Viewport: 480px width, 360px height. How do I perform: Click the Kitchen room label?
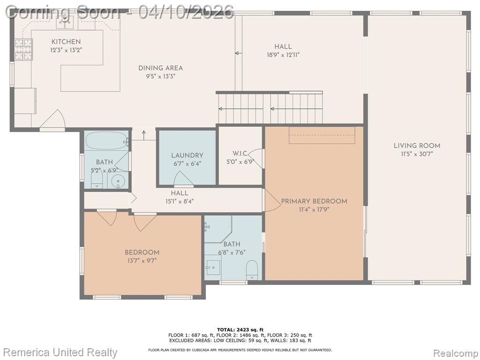pos(66,42)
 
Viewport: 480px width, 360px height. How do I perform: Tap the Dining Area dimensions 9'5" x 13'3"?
pos(160,76)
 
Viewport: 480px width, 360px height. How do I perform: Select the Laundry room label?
pos(187,156)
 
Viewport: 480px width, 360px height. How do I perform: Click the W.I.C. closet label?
pos(240,153)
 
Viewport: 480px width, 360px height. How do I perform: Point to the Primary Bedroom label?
pos(314,202)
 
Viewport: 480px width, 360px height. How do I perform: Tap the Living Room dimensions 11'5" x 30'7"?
pos(417,154)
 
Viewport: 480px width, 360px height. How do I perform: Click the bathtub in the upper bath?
pos(106,141)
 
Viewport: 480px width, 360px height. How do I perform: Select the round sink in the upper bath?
pos(118,181)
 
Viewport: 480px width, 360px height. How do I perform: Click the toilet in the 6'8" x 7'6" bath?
pos(252,270)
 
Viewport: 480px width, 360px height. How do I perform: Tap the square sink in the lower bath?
pos(213,269)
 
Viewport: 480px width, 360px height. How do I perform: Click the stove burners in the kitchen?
pos(23,49)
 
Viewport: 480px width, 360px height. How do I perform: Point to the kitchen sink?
pos(65,22)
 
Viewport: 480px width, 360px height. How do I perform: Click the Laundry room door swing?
pos(184,179)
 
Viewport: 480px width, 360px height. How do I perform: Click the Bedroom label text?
pos(142,253)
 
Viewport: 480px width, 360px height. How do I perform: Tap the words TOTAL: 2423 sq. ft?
pos(240,330)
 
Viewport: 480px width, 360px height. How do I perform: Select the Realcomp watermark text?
pos(455,353)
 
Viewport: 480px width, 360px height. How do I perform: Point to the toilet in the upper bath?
pos(97,180)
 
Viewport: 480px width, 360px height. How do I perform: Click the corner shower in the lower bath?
pos(218,229)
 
